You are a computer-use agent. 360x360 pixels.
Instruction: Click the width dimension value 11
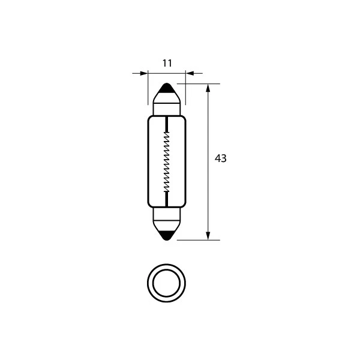pos(167,62)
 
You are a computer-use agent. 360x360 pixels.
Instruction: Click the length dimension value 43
pos(220,158)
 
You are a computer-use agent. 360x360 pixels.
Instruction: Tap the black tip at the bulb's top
pos(166,87)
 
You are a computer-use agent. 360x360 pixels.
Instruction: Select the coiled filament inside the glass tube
pos(166,161)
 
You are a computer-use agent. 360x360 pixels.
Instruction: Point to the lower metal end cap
pos(166,217)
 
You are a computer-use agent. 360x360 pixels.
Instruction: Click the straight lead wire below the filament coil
pos(166,197)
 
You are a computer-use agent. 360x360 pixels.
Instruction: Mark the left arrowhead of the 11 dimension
pos(143,74)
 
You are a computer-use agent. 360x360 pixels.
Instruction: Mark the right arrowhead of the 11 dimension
pos(189,74)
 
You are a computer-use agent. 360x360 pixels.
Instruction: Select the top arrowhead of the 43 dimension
pos(208,88)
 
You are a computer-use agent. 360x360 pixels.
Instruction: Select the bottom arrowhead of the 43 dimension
pos(208,235)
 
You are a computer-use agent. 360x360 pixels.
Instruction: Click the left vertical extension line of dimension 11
pos(148,90)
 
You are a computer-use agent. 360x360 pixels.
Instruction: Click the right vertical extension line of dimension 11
pos(185,90)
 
